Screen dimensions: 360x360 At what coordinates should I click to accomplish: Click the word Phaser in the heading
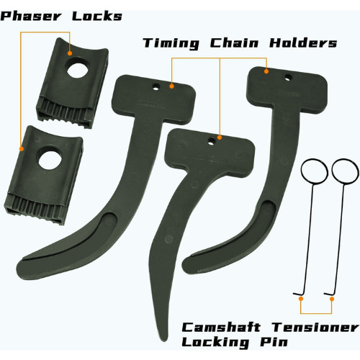point(31,17)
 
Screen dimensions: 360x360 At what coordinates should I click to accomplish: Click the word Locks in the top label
point(97,16)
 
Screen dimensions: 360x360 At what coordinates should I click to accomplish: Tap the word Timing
point(171,43)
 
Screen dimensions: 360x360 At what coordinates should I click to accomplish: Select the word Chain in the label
point(235,42)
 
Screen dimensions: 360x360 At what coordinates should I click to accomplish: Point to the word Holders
point(303,42)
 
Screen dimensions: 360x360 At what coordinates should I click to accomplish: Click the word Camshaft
point(221,327)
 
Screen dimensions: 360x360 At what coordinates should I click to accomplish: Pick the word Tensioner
point(315,327)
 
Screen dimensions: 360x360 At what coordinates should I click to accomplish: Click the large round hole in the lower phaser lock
point(50,161)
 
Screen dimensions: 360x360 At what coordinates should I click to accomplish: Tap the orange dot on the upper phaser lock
point(70,53)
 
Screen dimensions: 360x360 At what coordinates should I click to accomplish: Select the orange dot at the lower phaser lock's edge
point(22,149)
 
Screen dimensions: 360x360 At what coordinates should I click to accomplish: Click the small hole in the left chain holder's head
point(156,86)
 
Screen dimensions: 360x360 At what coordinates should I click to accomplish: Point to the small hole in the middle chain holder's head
point(211,140)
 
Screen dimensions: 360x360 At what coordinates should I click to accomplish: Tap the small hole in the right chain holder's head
point(288,78)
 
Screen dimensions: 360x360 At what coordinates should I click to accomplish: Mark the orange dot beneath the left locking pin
point(301,299)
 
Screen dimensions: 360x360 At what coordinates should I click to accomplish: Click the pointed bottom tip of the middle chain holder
point(165,341)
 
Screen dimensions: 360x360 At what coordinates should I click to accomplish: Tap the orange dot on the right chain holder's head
point(266,71)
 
